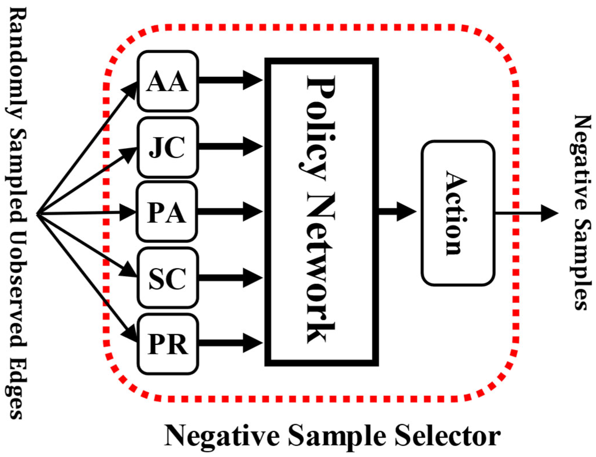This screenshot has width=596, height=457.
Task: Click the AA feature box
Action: click(167, 81)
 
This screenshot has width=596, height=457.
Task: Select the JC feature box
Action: click(167, 147)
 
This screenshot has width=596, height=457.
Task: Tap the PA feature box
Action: click(167, 212)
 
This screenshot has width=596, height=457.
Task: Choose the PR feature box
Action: click(167, 344)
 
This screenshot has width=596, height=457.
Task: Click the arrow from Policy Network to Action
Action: click(398, 212)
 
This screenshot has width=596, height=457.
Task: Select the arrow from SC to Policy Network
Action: click(231, 277)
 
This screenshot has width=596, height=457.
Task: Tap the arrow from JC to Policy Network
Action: click(231, 146)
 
